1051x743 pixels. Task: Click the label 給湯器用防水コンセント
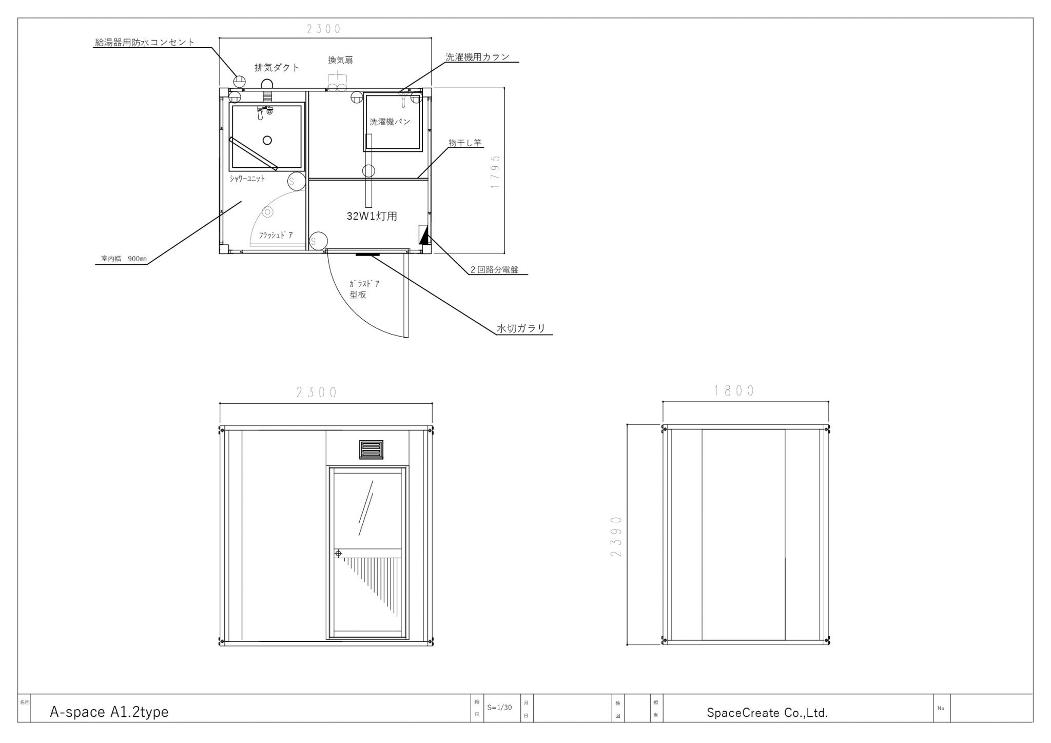click(x=145, y=43)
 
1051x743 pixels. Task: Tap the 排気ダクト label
click(x=277, y=68)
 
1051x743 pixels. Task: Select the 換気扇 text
click(x=341, y=60)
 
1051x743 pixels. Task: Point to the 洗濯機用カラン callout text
click(x=477, y=57)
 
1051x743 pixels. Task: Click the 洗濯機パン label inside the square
click(x=390, y=122)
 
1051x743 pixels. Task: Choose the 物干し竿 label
click(x=465, y=143)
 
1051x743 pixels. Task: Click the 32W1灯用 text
click(x=372, y=216)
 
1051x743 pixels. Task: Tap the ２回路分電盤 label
click(x=495, y=269)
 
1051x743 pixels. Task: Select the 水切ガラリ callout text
click(x=521, y=328)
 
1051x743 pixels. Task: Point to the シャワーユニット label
click(x=247, y=179)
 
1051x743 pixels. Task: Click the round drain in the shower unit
click(x=267, y=140)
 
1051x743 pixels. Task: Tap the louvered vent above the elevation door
click(x=371, y=449)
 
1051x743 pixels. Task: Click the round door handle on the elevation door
click(x=338, y=554)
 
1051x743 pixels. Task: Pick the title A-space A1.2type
click(x=109, y=712)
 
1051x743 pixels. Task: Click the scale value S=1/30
click(x=500, y=708)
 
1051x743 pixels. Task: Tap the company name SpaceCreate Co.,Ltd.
click(x=767, y=713)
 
